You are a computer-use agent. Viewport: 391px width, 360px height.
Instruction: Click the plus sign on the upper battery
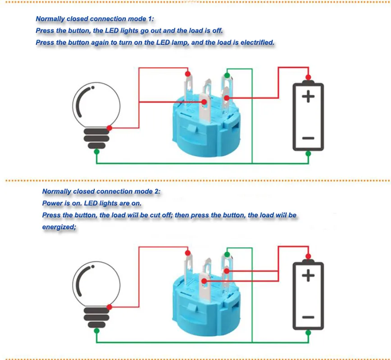tap(308, 96)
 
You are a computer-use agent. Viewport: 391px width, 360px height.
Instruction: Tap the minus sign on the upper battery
tap(308, 138)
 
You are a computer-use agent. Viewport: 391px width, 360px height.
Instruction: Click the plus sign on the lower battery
tap(308, 275)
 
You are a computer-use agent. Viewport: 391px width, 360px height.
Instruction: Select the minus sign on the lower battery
tap(308, 317)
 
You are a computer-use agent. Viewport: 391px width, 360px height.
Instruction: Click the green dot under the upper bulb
tap(97, 152)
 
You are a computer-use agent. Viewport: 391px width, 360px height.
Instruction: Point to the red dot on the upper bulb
tap(109, 128)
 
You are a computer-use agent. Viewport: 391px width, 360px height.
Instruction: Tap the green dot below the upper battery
tap(308, 153)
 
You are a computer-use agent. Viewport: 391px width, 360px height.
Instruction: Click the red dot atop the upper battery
tap(308, 77)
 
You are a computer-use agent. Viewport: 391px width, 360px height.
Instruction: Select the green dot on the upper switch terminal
tap(227, 75)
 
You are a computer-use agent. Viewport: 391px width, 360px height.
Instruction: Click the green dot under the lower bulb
tap(97, 331)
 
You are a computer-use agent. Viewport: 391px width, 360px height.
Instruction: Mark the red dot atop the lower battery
tap(308, 256)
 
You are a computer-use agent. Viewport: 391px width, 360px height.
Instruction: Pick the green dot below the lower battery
tap(308, 333)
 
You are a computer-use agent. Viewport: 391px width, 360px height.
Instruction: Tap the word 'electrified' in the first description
tap(257, 43)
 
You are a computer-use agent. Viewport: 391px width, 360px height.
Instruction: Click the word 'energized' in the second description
tap(59, 227)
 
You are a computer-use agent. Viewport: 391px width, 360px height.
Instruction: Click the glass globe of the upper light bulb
tap(96, 105)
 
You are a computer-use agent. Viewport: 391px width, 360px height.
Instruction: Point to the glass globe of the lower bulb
tap(96, 284)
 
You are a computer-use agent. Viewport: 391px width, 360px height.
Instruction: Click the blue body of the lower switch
tap(206, 311)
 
